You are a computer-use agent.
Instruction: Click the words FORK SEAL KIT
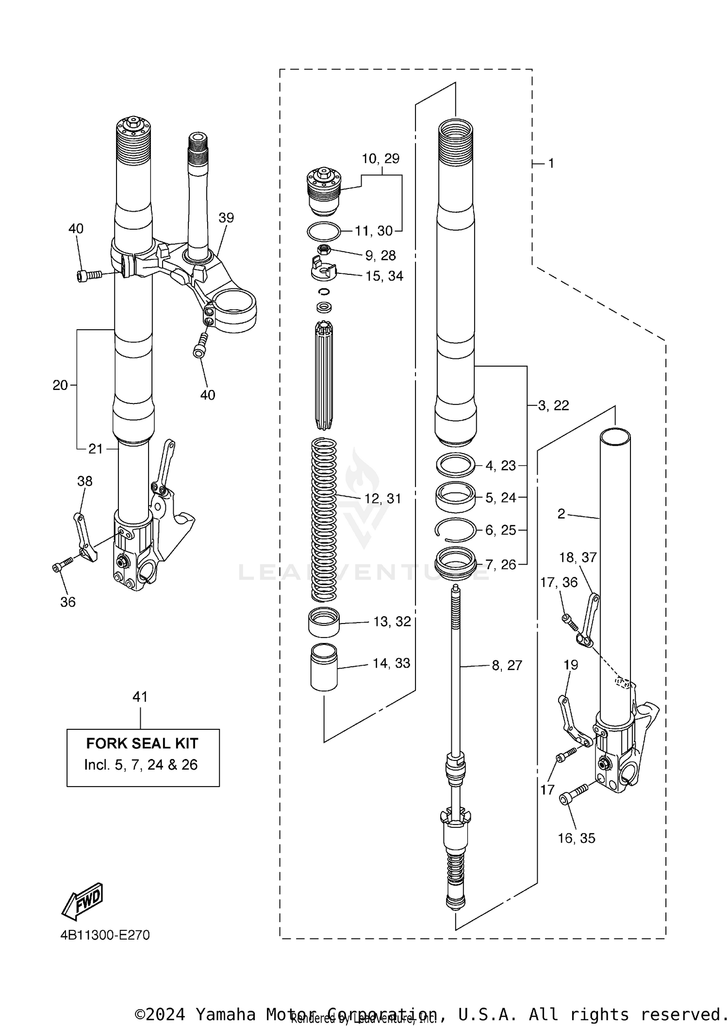(142, 743)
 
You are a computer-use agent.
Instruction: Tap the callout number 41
(140, 697)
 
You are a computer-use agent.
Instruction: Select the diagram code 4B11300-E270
(105, 935)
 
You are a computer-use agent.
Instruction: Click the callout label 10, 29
(381, 159)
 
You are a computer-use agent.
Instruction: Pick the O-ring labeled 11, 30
(324, 231)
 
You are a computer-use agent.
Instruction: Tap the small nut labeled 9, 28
(324, 250)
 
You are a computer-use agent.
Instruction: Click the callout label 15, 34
(384, 276)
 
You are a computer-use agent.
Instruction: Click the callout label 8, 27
(507, 665)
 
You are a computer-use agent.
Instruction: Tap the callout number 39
(226, 218)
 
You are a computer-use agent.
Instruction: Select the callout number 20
(60, 385)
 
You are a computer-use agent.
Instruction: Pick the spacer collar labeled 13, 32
(324, 622)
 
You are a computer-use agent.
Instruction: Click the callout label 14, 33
(391, 663)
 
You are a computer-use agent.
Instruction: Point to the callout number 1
(551, 164)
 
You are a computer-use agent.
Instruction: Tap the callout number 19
(571, 665)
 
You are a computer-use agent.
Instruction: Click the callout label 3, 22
(553, 405)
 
